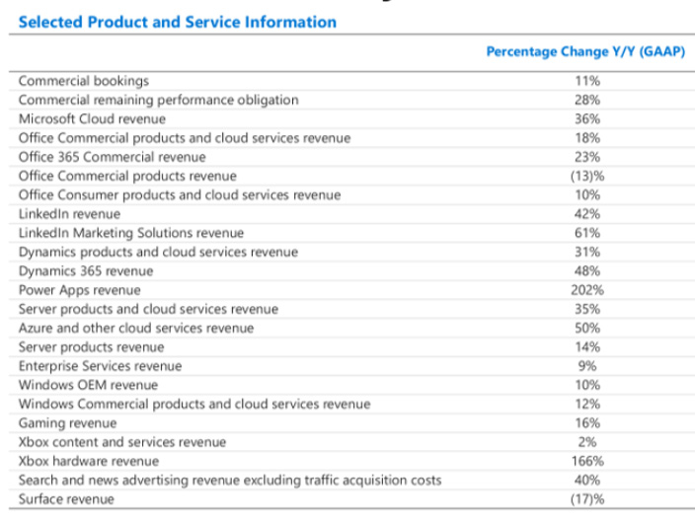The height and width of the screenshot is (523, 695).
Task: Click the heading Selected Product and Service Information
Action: click(x=178, y=22)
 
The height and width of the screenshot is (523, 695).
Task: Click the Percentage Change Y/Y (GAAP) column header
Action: click(x=585, y=52)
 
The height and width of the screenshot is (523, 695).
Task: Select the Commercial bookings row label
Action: click(x=84, y=81)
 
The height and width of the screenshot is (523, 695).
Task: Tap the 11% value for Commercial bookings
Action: click(x=587, y=81)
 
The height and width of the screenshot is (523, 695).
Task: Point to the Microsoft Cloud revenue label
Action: click(x=92, y=118)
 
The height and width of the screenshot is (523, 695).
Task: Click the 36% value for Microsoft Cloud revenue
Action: click(x=587, y=118)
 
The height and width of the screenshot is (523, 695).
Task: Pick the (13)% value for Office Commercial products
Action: click(x=587, y=176)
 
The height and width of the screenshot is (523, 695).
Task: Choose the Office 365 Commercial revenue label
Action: click(x=113, y=157)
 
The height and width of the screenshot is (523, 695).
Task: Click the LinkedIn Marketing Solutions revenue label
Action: click(x=131, y=233)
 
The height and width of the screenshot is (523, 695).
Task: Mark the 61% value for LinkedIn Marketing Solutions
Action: click(x=587, y=233)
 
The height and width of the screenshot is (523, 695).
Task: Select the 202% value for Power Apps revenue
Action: click(x=587, y=290)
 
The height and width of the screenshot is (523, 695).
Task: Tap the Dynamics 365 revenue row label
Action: click(x=86, y=271)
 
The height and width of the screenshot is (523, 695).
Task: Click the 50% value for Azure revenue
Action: click(x=587, y=328)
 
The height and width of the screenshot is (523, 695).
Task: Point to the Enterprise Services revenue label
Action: click(x=100, y=366)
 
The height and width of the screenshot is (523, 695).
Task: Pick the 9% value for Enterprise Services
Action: click(x=587, y=366)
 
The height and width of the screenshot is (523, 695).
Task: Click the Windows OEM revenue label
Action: click(x=88, y=385)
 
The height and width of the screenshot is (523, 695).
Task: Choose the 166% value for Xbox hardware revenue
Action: click(x=587, y=462)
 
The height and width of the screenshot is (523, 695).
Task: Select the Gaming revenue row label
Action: click(x=68, y=423)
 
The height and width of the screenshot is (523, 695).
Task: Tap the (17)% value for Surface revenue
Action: click(x=587, y=499)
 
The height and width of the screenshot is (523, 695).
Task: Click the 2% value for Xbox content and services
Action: click(x=587, y=442)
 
